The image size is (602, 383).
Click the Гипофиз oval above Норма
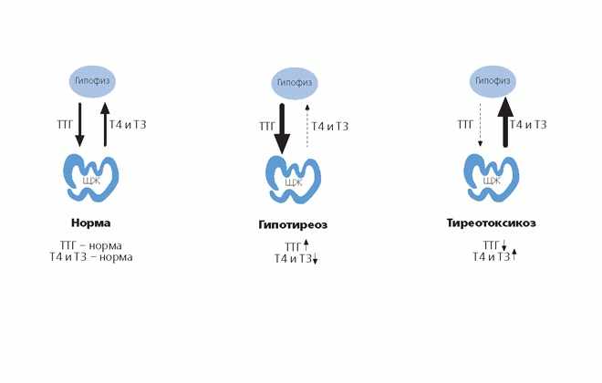92,81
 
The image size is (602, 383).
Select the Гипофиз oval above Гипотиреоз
295,83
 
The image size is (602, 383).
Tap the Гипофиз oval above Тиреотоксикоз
493,81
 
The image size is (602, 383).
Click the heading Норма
91,223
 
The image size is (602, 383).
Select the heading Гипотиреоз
293,224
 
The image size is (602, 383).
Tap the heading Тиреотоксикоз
491,223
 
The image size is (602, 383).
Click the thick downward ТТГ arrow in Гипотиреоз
282,129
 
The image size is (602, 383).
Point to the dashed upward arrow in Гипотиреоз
307,126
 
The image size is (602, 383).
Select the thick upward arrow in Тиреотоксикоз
505,122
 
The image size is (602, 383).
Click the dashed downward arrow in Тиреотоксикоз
480,125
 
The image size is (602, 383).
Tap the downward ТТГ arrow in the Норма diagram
79,125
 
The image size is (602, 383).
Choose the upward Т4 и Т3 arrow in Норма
105,124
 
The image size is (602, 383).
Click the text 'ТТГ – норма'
91,245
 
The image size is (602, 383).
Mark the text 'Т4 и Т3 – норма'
91,257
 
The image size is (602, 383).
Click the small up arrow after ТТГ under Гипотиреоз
306,244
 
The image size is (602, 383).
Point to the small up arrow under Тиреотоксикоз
514,254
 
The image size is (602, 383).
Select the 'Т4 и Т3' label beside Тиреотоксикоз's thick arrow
528,125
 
